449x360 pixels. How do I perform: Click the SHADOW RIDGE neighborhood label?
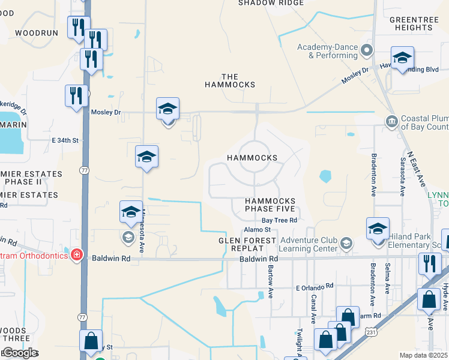(x=265, y=3)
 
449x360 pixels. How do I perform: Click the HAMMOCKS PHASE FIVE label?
(x=270, y=205)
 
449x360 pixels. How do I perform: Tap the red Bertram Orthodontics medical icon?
(x=76, y=256)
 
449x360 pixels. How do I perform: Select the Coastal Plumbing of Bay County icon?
(x=391, y=122)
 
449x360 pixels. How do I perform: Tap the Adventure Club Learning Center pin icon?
(x=346, y=243)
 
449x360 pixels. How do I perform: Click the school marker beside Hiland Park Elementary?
(x=378, y=230)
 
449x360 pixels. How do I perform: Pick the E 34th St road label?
(x=65, y=140)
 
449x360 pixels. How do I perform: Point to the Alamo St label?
(x=257, y=230)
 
